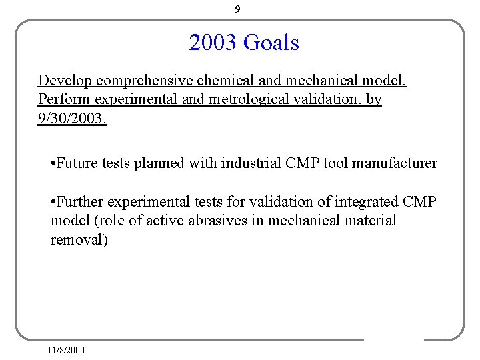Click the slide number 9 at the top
point(238,9)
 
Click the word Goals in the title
point(271,43)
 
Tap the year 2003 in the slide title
point(213,43)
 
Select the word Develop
point(65,81)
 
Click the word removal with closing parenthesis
point(79,240)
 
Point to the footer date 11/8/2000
point(66,349)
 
